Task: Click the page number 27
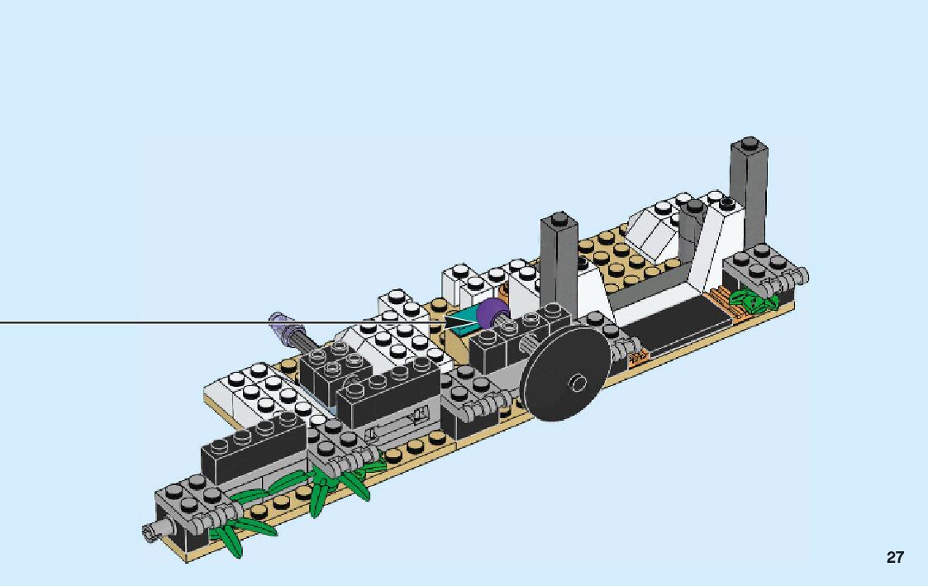pos(895,558)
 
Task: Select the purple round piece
pos(493,313)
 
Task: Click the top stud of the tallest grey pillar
pos(749,143)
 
